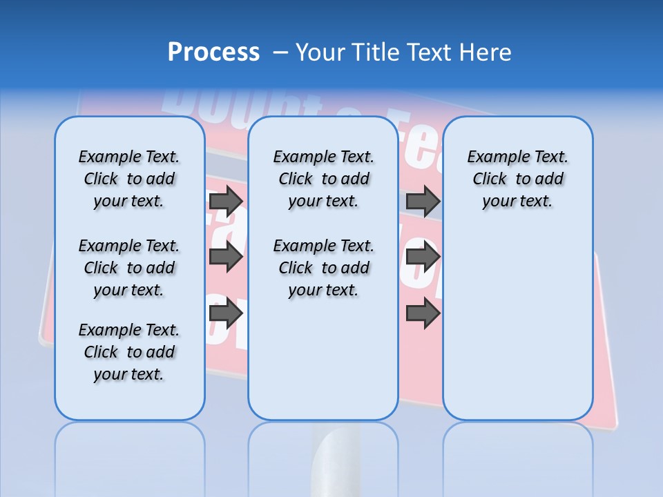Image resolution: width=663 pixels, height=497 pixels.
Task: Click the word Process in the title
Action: click(x=213, y=52)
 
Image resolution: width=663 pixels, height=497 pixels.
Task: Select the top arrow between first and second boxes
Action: click(x=226, y=202)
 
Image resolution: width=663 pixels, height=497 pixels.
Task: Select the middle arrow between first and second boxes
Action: click(x=226, y=257)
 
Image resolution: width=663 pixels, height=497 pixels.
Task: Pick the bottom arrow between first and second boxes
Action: click(x=226, y=313)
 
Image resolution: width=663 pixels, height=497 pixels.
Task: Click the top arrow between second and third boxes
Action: click(x=423, y=202)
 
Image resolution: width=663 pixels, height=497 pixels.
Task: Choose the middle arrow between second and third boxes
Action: click(x=423, y=257)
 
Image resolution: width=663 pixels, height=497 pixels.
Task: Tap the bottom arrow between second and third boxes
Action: click(x=423, y=313)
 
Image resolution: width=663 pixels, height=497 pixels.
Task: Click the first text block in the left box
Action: click(x=129, y=179)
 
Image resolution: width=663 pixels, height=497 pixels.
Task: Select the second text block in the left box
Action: click(x=129, y=268)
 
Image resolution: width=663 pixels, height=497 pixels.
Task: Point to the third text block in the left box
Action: click(x=129, y=352)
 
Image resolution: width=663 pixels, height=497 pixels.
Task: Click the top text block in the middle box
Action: click(x=323, y=179)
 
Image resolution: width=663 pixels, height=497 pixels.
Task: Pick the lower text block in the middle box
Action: click(x=323, y=268)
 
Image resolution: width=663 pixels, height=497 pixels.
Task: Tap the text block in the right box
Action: click(x=517, y=179)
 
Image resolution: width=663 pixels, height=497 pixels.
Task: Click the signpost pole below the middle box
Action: click(x=336, y=456)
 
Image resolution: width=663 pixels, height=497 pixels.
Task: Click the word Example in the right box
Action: click(x=493, y=157)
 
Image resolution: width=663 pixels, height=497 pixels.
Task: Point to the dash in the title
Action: click(x=280, y=53)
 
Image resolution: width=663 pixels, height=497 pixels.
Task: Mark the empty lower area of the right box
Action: click(x=517, y=324)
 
